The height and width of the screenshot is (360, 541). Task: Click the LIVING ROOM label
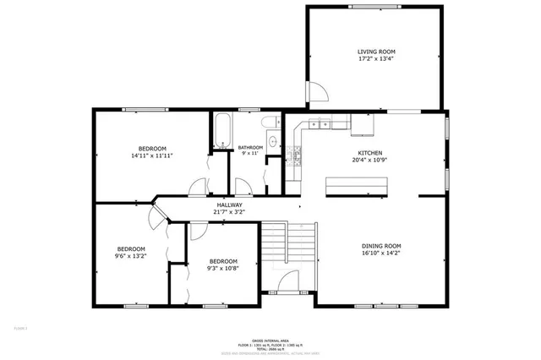(375, 52)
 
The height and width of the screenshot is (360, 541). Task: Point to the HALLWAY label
(229, 205)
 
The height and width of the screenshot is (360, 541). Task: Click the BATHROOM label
(251, 147)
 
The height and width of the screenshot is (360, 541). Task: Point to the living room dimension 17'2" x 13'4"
(375, 60)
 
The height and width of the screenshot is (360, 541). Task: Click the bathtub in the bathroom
(222, 131)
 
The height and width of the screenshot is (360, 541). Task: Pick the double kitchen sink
(322, 125)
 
